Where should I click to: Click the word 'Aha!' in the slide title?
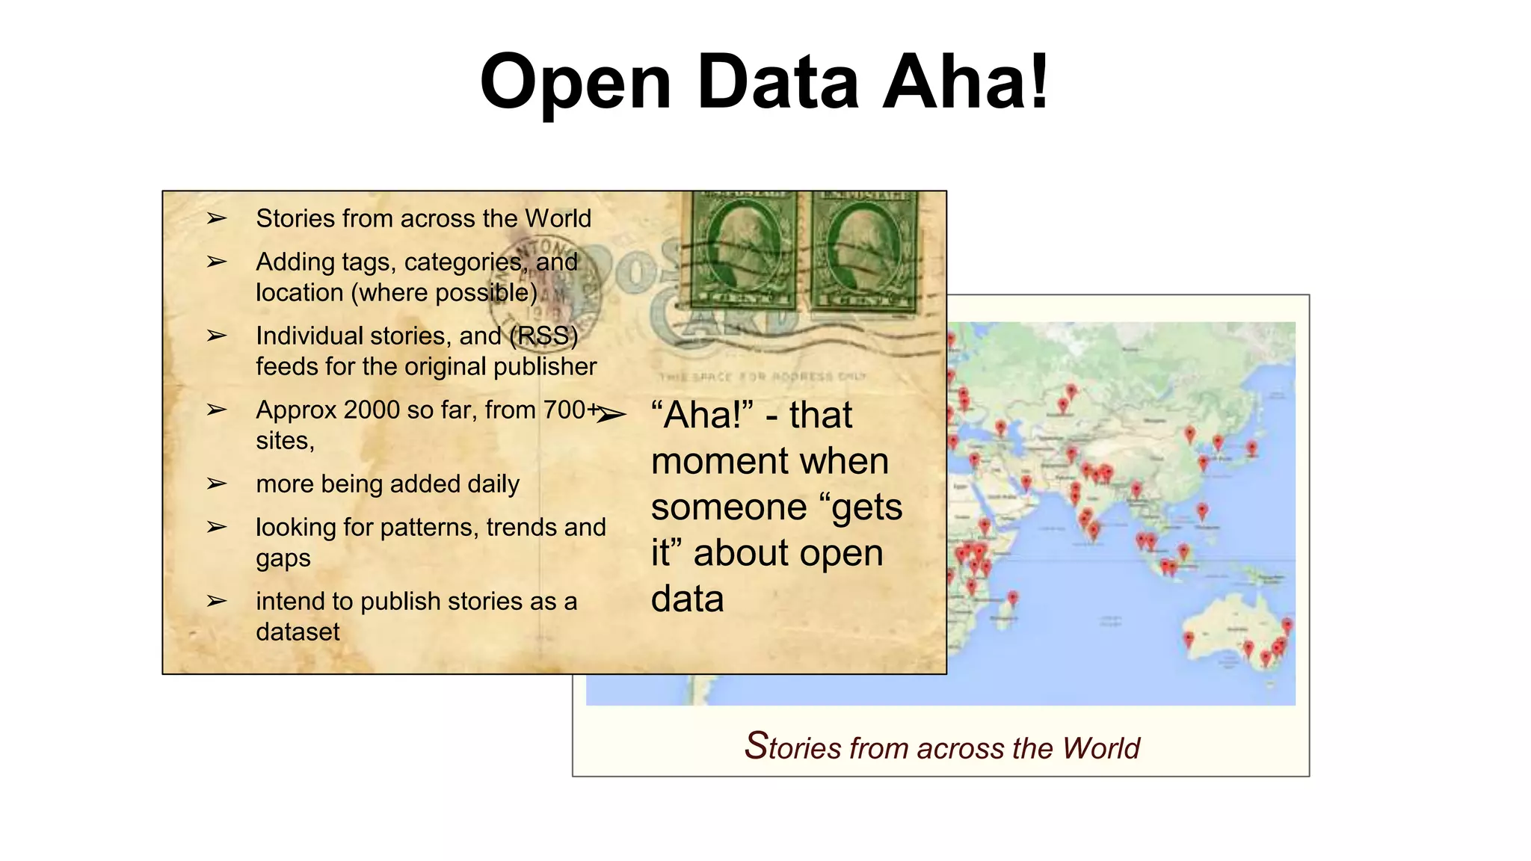(x=966, y=81)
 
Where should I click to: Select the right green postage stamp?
(x=863, y=251)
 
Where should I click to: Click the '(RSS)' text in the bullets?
(x=543, y=336)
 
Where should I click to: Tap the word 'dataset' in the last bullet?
(x=298, y=632)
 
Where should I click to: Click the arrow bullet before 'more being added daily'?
(x=217, y=484)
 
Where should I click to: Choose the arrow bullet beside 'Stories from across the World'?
(x=217, y=218)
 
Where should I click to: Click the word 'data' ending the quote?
(x=687, y=599)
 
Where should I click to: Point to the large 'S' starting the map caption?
(x=756, y=745)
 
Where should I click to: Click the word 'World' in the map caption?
(x=1101, y=747)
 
